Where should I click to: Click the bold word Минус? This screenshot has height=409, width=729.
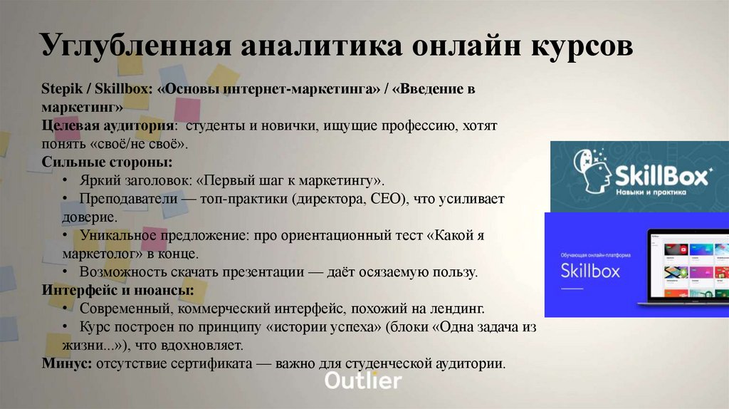[x=65, y=363]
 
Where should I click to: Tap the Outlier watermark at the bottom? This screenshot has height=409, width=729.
[x=363, y=380]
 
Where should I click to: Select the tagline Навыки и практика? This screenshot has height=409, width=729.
[x=651, y=192]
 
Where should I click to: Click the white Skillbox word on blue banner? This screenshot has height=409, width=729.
[x=590, y=271]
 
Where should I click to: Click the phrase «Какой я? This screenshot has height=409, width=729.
[x=458, y=235]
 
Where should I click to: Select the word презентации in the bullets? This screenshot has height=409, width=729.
[x=252, y=272]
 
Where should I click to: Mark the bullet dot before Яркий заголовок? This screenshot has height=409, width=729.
[x=65, y=180]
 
